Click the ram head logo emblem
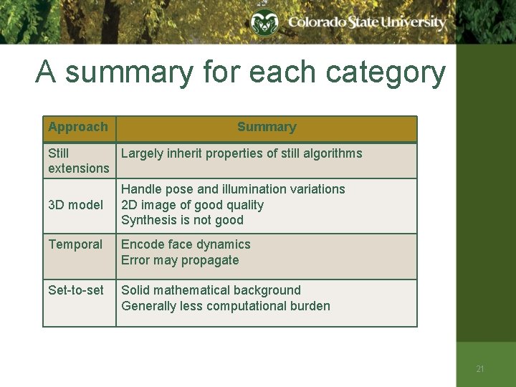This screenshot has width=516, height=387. tap(264, 24)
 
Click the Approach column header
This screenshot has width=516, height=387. tap(78, 128)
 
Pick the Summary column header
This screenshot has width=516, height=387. tap(267, 128)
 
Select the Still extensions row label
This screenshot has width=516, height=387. tap(78, 161)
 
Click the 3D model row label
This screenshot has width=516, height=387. tap(75, 205)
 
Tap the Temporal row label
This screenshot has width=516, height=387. tap(75, 244)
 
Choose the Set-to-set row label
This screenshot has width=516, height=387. tap(75, 290)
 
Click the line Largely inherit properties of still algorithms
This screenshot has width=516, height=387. tap(242, 153)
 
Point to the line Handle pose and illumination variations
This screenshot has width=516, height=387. tap(233, 189)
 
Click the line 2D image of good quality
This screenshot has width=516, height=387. tap(192, 205)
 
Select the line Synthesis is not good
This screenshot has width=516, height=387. tap(182, 221)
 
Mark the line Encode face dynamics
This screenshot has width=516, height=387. tap(186, 244)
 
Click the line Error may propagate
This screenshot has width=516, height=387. tap(180, 260)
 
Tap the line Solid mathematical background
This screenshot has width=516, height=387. tap(211, 290)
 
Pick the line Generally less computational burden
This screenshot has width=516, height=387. tap(226, 306)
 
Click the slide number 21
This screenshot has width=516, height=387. tap(480, 369)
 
